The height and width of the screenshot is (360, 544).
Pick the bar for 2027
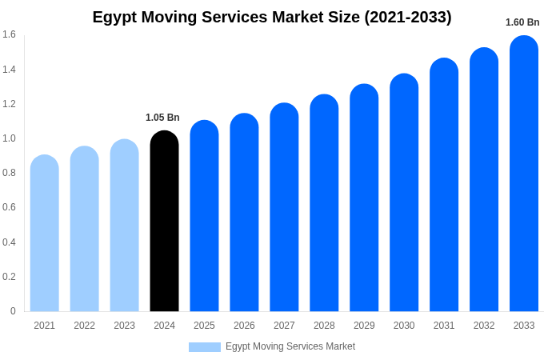[x=284, y=207]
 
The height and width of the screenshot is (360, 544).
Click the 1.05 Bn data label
[x=162, y=118]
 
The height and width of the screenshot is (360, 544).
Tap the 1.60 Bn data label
[x=522, y=22]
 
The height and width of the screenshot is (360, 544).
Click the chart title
[x=272, y=17]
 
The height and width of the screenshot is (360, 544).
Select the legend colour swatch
[x=205, y=347]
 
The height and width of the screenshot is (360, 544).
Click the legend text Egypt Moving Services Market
[x=290, y=346]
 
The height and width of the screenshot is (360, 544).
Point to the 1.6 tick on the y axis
[x=9, y=34]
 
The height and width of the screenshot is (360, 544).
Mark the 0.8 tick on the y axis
[x=9, y=173]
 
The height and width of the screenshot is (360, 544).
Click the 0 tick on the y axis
[x=13, y=311]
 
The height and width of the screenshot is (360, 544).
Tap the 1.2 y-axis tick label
[x=9, y=104]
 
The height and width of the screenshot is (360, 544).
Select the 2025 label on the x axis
[x=204, y=326]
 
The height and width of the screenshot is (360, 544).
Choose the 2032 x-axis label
[x=484, y=326]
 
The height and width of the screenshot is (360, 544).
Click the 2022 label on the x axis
[x=84, y=326]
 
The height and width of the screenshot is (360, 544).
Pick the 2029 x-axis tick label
[x=364, y=326]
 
